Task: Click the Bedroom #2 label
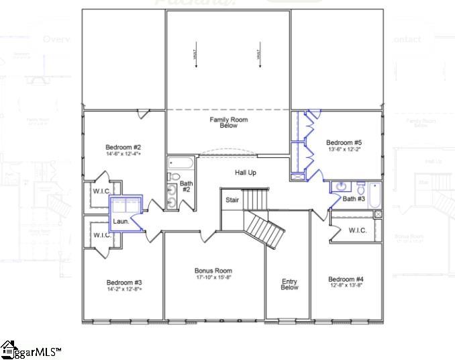(x=123, y=147)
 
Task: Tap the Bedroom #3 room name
(x=123, y=283)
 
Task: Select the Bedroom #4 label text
(x=346, y=279)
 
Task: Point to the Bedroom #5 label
(x=344, y=142)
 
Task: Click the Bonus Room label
(x=213, y=271)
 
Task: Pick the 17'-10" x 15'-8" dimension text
(x=213, y=277)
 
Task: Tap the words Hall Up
(x=245, y=173)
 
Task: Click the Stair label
(x=232, y=200)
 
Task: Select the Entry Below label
(x=289, y=285)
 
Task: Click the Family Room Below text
(x=229, y=122)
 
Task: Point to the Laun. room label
(x=121, y=221)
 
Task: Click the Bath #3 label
(x=354, y=199)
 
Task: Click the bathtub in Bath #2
(x=181, y=163)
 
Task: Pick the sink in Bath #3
(x=340, y=187)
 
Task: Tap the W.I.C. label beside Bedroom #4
(x=356, y=230)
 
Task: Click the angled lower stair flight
(x=264, y=230)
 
